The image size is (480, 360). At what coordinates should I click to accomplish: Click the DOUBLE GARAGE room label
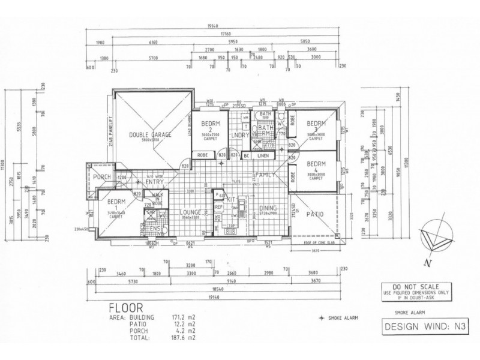pos(150,135)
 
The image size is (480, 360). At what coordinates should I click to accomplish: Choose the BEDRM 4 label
pos(315,163)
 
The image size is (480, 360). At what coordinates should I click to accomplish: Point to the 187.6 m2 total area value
pos(184,338)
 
